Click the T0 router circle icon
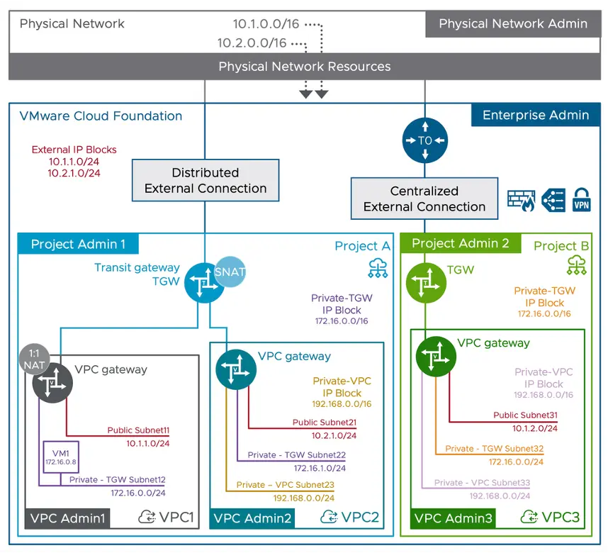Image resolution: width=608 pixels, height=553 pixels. click(424, 140)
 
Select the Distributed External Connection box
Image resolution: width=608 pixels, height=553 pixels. click(206, 181)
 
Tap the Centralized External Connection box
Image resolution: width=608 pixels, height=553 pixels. click(424, 199)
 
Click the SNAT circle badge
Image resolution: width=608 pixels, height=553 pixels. click(230, 272)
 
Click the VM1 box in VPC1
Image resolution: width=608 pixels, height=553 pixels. click(60, 458)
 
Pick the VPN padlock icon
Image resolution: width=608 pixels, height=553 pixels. click(581, 200)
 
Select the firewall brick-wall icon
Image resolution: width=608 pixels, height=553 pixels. click(521, 200)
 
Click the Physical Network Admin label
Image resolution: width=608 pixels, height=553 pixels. click(512, 23)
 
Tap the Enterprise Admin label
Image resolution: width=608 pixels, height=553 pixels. click(535, 115)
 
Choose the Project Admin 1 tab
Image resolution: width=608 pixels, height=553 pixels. click(78, 245)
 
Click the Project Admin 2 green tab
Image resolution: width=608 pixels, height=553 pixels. click(461, 243)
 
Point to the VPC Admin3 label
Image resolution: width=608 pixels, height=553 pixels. click(453, 518)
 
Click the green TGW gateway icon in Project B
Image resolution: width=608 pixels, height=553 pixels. click(426, 282)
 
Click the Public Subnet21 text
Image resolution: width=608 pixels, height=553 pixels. click(324, 422)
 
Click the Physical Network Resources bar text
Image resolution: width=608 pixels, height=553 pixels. click(304, 67)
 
